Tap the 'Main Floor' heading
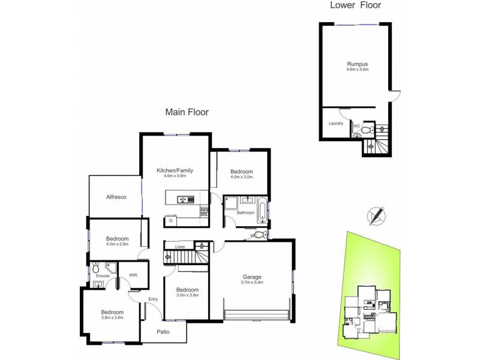pos(187,112)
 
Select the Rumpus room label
pos(357,64)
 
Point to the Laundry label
pos(335,124)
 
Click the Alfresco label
pos(115,197)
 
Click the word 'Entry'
pos(152,298)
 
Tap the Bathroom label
pos(246,212)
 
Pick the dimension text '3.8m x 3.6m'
pos(112,318)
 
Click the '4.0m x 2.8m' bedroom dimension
pos(118,244)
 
